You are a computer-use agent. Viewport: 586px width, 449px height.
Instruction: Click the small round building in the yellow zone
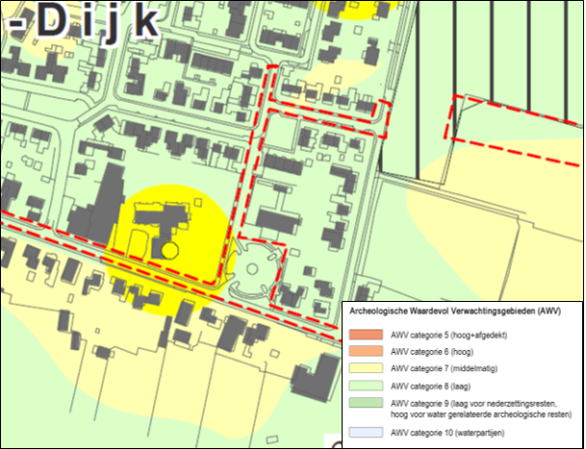(169, 250)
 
